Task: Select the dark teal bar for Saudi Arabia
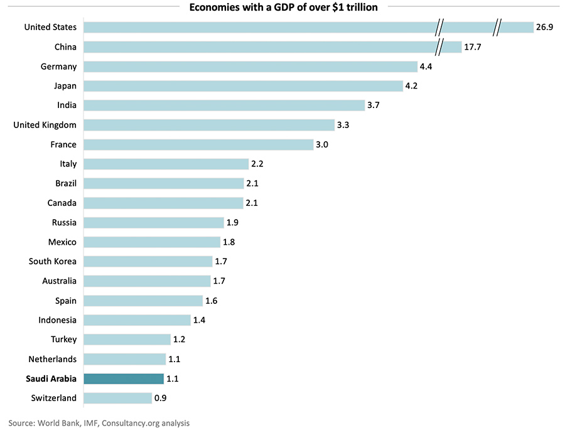(x=123, y=379)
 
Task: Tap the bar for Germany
(x=250, y=67)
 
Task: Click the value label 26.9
(x=544, y=27)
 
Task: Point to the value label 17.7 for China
(x=472, y=47)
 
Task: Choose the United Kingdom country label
(x=45, y=125)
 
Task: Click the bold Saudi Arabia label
(x=51, y=379)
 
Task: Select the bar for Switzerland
(x=117, y=398)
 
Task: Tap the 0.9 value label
(x=161, y=398)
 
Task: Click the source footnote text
(x=99, y=423)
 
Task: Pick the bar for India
(x=223, y=105)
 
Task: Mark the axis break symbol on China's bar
(x=441, y=47)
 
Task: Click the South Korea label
(x=53, y=261)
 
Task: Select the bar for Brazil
(x=163, y=183)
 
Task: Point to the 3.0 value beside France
(x=322, y=144)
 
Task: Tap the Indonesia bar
(x=136, y=320)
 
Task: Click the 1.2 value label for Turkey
(x=179, y=340)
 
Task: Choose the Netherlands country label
(x=53, y=359)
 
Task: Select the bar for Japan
(x=243, y=86)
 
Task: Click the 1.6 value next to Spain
(x=212, y=301)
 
